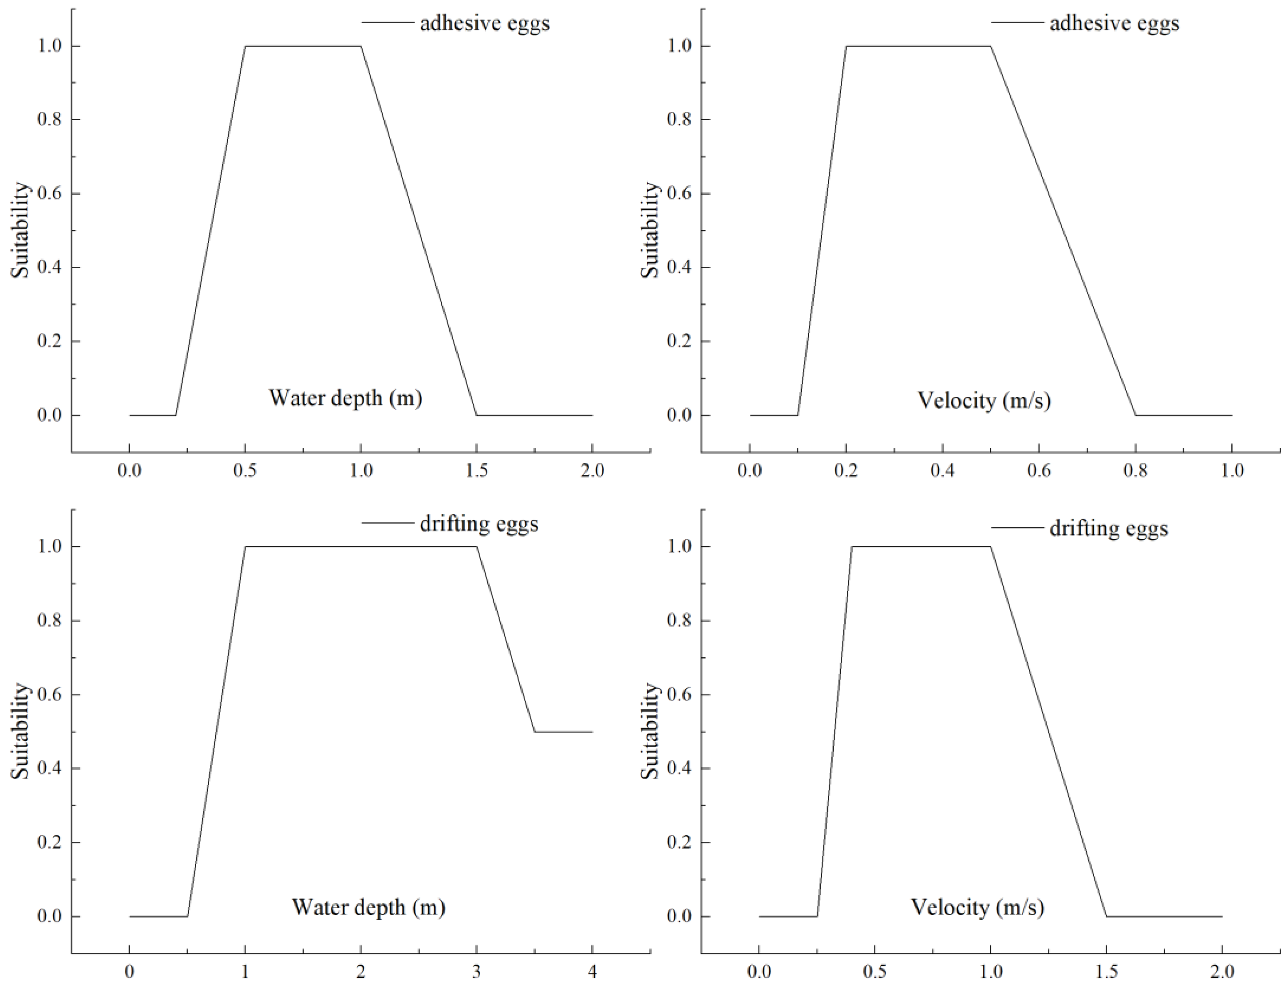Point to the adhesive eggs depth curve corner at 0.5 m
245,46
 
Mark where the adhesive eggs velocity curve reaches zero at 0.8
1135,415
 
